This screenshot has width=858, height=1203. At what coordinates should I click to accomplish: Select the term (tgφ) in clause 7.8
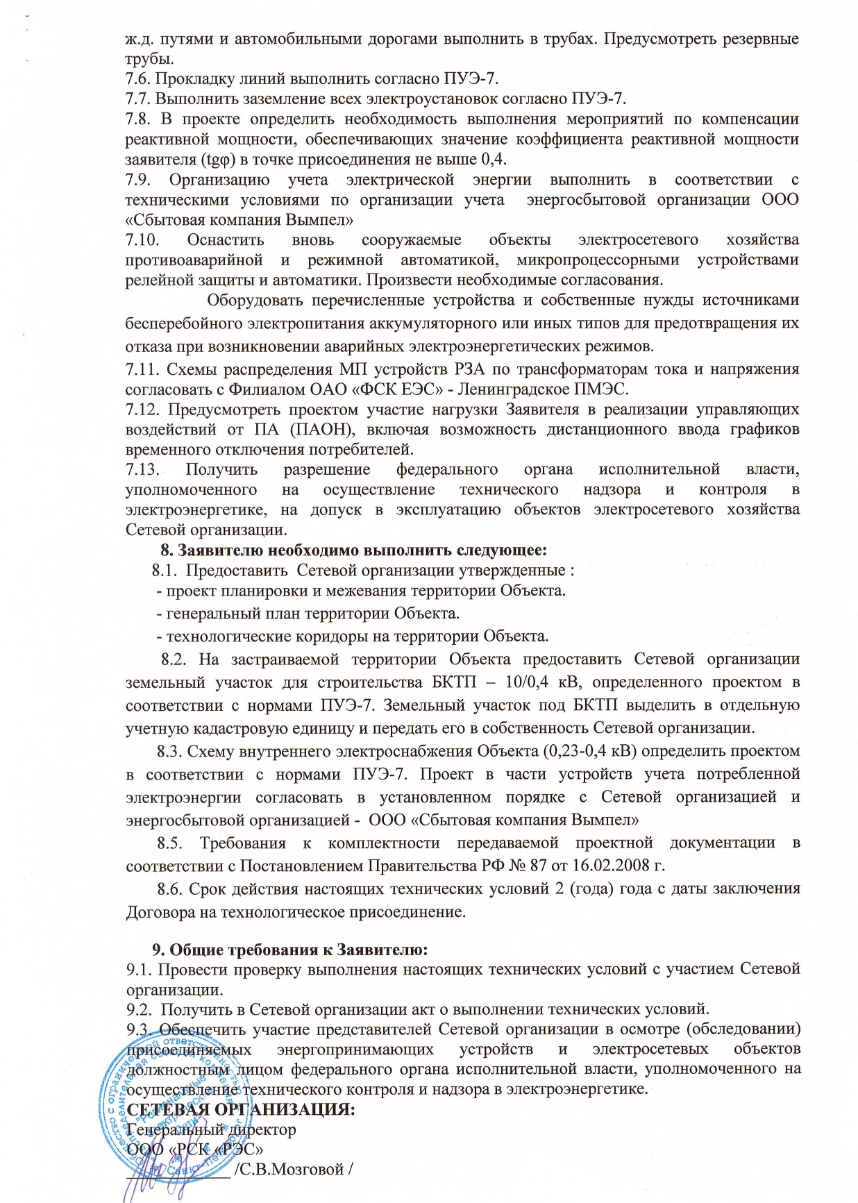(221, 159)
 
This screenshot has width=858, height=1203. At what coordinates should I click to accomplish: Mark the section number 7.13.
(142, 469)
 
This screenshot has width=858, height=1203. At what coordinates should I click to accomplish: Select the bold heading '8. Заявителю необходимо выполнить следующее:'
(354, 550)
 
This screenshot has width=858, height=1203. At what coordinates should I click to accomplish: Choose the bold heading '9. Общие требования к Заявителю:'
(289, 948)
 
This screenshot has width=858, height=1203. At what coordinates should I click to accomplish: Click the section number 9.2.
(139, 1008)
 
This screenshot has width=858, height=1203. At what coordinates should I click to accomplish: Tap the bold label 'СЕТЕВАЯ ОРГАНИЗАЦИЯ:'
(242, 1109)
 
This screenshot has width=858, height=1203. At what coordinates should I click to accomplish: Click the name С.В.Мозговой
(292, 1169)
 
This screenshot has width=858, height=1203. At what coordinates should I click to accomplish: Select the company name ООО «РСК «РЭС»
(195, 1148)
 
